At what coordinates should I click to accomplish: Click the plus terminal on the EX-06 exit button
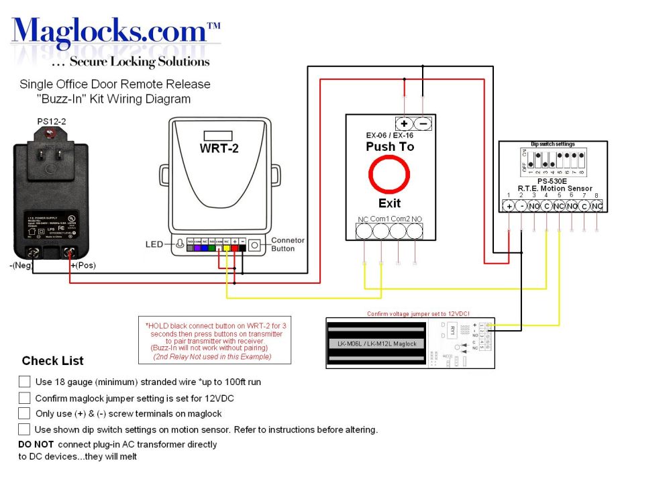pos(405,123)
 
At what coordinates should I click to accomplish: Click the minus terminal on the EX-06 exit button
pos(423,123)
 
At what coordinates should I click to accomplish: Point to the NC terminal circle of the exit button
pos(364,231)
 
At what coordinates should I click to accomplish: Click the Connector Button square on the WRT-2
pos(254,246)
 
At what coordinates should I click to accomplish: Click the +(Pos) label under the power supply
pos(83,266)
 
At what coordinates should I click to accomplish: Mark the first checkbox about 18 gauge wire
pos(24,381)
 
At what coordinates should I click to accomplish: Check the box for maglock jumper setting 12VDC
pos(24,397)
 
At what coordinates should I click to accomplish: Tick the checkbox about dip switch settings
pos(24,429)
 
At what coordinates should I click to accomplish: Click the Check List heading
pos(52,361)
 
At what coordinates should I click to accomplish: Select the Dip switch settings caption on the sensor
pos(553,144)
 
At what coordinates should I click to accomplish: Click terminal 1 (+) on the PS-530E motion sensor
pos(510,205)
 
